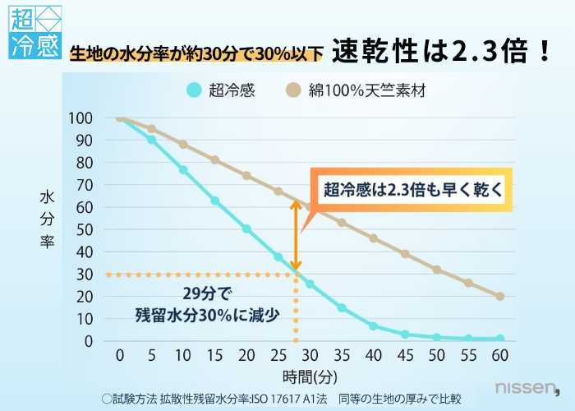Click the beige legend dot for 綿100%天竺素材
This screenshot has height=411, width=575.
pos(293,90)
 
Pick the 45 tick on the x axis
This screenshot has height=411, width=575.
pos(405,355)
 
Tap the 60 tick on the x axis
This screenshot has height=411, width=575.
pos(499,355)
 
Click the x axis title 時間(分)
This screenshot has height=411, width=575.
pos(310,377)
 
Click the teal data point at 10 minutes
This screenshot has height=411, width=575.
pos(183,170)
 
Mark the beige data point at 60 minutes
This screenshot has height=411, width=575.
pos(499,296)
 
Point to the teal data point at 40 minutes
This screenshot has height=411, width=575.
pos(373,326)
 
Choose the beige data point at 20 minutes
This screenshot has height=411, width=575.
pos(246,175)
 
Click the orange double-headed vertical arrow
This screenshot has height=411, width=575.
pos(296,233)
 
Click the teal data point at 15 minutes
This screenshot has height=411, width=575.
pos(215,201)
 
